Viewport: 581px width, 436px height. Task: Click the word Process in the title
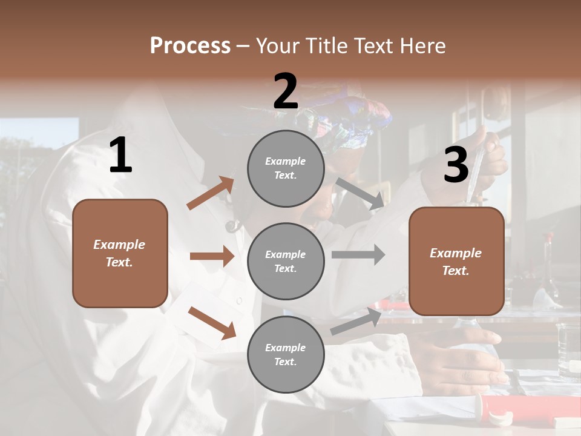(190, 46)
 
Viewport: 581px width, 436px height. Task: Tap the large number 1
(120, 156)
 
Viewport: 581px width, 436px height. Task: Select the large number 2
(286, 91)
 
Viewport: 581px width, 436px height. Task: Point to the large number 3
(456, 165)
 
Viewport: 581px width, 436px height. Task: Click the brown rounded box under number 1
(120, 253)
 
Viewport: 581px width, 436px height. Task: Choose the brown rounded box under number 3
(456, 262)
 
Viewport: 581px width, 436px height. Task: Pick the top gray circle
(286, 168)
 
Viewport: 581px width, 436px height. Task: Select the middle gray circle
(286, 261)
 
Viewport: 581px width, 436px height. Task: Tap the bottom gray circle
(286, 354)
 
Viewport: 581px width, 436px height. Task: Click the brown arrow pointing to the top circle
(211, 193)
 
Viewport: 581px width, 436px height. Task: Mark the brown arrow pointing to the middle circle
(212, 256)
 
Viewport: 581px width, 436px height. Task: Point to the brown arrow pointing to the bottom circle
(212, 322)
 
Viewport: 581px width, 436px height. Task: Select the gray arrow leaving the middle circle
(358, 255)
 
